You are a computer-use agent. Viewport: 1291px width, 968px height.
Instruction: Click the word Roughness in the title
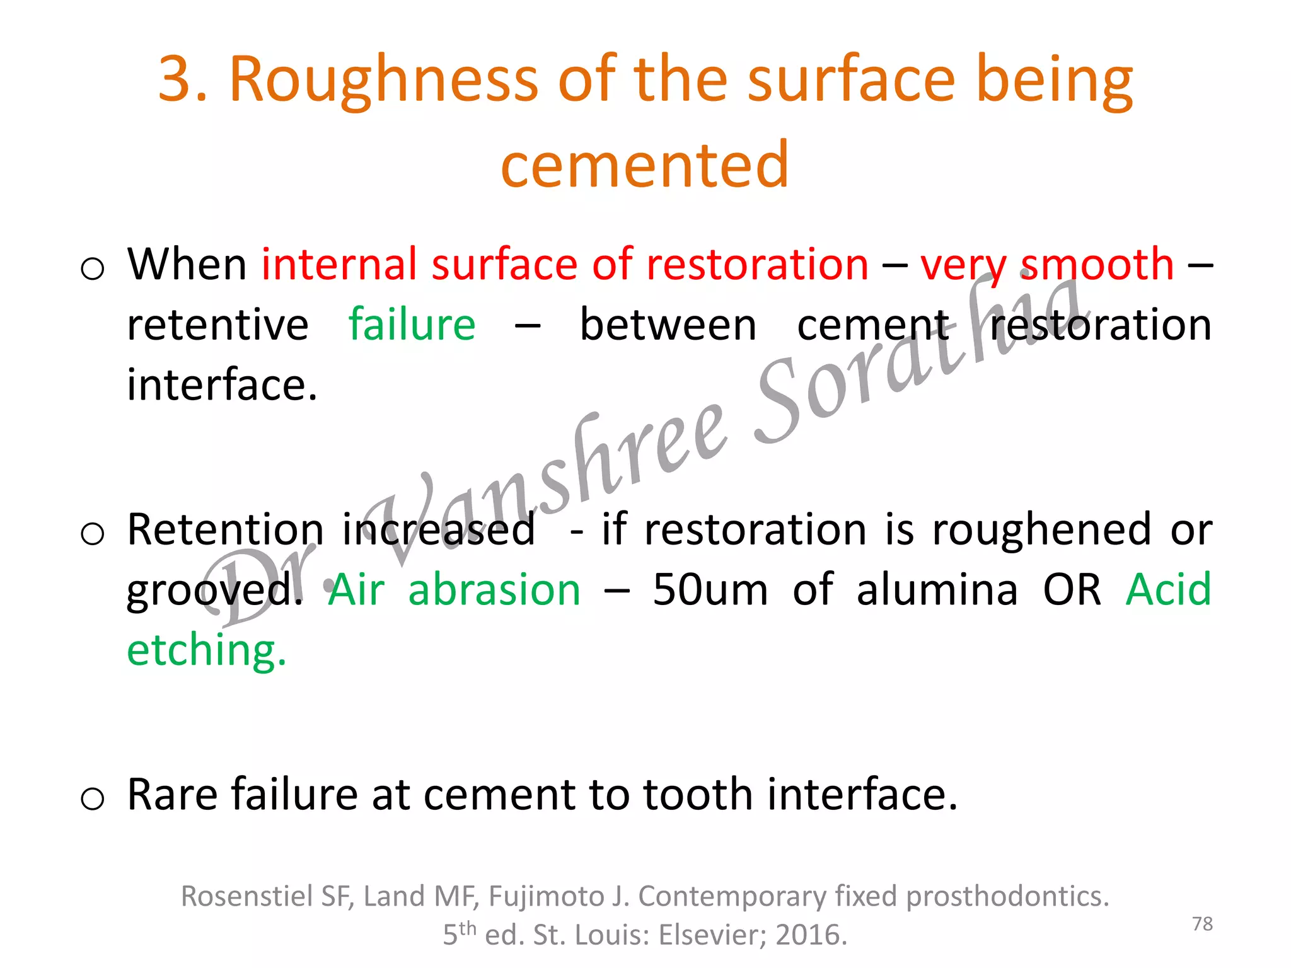(x=383, y=80)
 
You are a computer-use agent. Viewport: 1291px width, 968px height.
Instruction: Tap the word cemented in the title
(x=644, y=165)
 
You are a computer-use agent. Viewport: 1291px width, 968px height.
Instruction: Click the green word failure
(x=412, y=325)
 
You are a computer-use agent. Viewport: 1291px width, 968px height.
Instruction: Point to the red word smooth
(x=1097, y=265)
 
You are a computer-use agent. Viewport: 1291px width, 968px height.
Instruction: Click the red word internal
(x=339, y=265)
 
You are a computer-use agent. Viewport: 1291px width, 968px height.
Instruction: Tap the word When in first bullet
(x=187, y=265)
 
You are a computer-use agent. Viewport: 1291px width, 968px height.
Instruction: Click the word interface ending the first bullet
(x=221, y=384)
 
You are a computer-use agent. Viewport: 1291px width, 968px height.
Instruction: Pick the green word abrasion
(x=494, y=591)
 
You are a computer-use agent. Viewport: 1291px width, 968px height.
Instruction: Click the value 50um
(x=710, y=591)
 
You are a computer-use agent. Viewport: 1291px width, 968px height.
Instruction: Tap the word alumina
(x=937, y=591)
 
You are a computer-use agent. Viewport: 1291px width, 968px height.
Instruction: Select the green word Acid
(x=1168, y=591)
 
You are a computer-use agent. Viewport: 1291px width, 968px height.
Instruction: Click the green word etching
(x=206, y=650)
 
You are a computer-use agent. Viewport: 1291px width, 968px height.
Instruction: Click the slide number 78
(x=1202, y=924)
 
